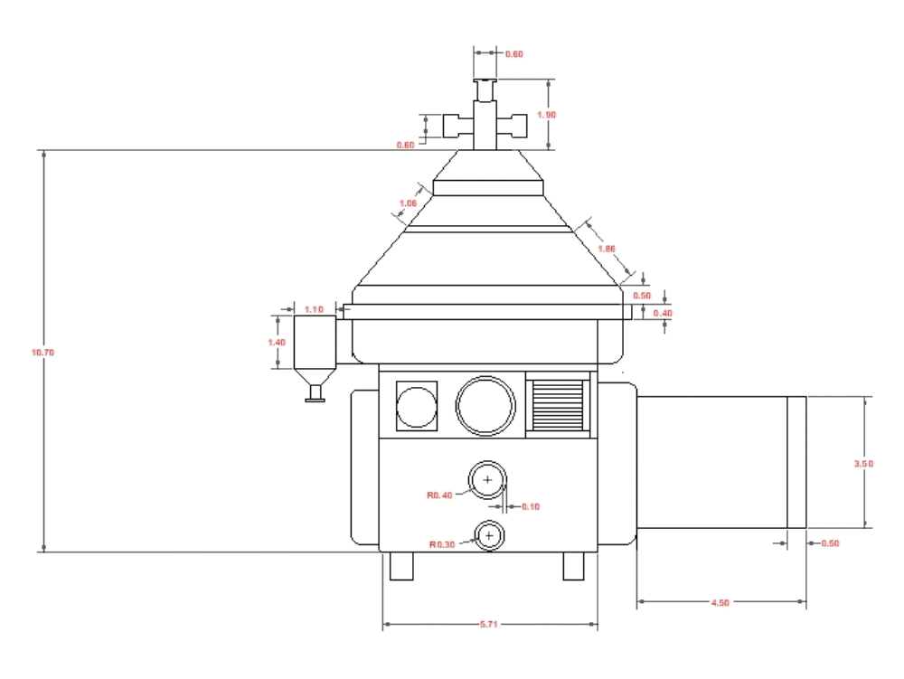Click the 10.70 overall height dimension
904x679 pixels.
42,352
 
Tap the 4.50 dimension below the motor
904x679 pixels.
720,602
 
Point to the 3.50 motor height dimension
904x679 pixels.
863,463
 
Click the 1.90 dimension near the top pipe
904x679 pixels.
546,115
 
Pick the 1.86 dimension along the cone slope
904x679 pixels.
607,248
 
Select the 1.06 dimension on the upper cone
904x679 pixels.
408,203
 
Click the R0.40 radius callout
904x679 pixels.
440,495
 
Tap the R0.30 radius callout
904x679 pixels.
442,544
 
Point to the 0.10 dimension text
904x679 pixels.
530,506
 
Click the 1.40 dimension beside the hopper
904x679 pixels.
277,343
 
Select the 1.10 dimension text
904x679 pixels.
315,309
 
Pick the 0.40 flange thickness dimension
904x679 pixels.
664,313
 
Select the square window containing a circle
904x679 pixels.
417,406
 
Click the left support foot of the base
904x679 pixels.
400,566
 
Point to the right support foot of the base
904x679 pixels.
575,566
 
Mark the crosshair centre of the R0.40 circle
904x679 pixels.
487,480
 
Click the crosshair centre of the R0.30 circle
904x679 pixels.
489,536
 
